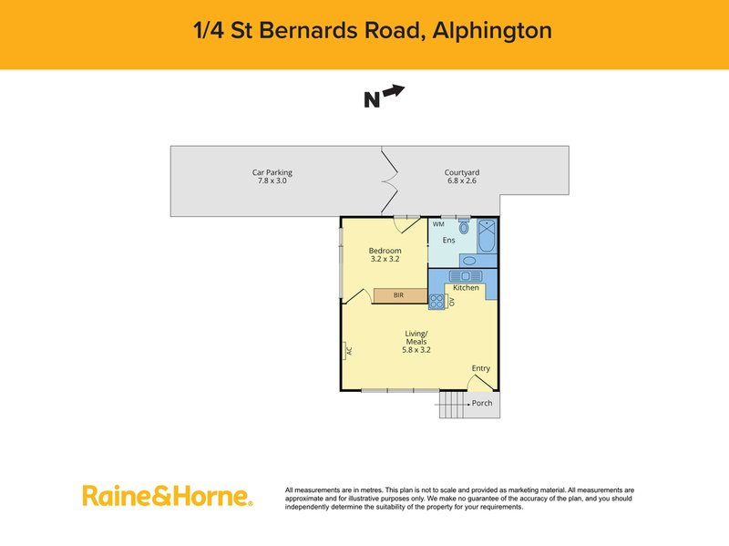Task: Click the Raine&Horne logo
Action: tap(167, 496)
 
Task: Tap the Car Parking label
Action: tap(272, 172)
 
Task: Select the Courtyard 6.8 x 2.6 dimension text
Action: tap(462, 181)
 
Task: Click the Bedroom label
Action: tap(385, 251)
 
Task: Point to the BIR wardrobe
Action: tap(399, 295)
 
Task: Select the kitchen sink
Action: tap(469, 275)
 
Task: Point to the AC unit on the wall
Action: tap(346, 350)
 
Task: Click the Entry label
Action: tap(480, 368)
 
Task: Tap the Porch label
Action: tap(481, 403)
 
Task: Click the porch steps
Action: tap(451, 406)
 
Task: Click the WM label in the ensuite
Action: tap(438, 224)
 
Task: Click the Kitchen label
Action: tap(466, 288)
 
